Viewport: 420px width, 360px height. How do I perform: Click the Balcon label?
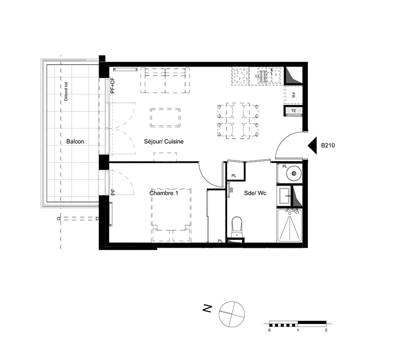pos(75,142)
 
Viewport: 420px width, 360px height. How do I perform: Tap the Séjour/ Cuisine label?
pos(164,142)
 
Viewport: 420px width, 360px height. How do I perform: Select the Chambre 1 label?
pos(164,193)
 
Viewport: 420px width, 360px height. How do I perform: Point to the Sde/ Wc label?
pos(255,193)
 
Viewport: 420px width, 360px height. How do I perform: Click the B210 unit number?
pos(328,145)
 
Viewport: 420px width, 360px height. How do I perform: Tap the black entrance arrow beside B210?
pos(313,145)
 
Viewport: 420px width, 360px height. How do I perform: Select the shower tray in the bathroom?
pos(289,226)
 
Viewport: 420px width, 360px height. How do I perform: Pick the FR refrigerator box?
pos(293,95)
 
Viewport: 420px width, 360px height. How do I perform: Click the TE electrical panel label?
pos(294,110)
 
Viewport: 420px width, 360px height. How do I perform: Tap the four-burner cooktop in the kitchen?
pos(241,76)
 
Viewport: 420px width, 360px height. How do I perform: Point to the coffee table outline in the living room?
pos(165,118)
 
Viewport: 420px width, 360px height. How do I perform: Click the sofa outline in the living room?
pos(165,80)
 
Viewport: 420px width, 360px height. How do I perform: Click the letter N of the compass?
pos(207,309)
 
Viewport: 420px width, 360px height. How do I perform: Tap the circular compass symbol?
pos(232,314)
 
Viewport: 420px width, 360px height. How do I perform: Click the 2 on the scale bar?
pos(326,330)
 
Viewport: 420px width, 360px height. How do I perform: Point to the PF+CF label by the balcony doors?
pos(113,85)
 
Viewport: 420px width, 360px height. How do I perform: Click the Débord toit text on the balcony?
pos(66,91)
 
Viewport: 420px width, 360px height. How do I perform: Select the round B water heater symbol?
pos(294,173)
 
